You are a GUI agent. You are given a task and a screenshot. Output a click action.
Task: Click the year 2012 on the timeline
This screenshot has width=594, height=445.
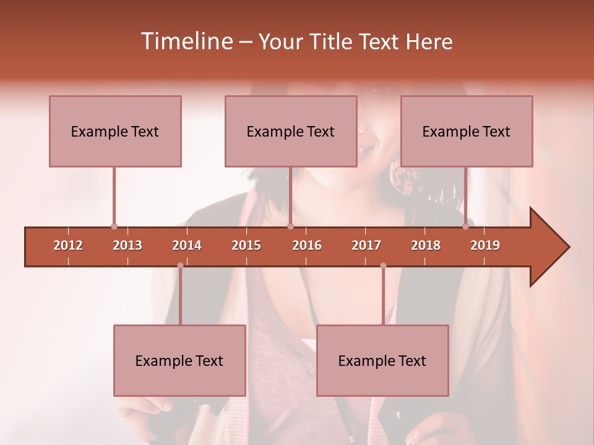pyautogui.click(x=68, y=245)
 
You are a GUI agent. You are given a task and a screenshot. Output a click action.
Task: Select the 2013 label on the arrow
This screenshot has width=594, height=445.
pyautogui.click(x=127, y=245)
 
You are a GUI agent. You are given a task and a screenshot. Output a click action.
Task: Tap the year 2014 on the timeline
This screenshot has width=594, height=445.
pyautogui.click(x=187, y=245)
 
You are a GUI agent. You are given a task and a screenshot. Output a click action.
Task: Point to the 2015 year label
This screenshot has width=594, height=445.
pyautogui.click(x=246, y=245)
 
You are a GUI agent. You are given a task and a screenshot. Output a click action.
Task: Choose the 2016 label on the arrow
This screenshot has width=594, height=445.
pyautogui.click(x=307, y=245)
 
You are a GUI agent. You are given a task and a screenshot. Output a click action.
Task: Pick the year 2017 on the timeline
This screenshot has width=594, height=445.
pyautogui.click(x=366, y=245)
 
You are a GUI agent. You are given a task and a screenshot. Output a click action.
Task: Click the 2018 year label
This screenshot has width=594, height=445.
pyautogui.click(x=426, y=245)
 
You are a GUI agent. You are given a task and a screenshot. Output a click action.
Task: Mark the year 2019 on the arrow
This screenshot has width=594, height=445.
pyautogui.click(x=485, y=245)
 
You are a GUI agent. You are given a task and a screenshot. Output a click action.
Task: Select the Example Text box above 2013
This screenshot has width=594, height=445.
pyautogui.click(x=115, y=131)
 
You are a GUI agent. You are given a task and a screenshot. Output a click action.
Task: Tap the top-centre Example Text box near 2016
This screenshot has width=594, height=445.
pyautogui.click(x=291, y=131)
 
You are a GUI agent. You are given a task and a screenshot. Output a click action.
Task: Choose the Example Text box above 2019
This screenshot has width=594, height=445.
pyautogui.click(x=467, y=131)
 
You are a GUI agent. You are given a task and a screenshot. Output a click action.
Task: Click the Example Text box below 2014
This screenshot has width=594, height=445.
pyautogui.click(x=179, y=360)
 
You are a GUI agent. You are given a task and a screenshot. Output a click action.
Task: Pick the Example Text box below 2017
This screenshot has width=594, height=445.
pyautogui.click(x=382, y=360)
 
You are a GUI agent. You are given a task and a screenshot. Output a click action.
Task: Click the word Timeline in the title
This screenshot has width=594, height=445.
pyautogui.click(x=186, y=41)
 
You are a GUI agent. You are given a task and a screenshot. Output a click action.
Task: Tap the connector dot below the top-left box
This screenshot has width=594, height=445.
pyautogui.click(x=114, y=226)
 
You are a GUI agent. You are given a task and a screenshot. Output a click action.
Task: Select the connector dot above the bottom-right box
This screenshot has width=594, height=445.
pyautogui.click(x=383, y=266)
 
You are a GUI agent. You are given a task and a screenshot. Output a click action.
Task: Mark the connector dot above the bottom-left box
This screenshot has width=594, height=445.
pyautogui.click(x=180, y=266)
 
